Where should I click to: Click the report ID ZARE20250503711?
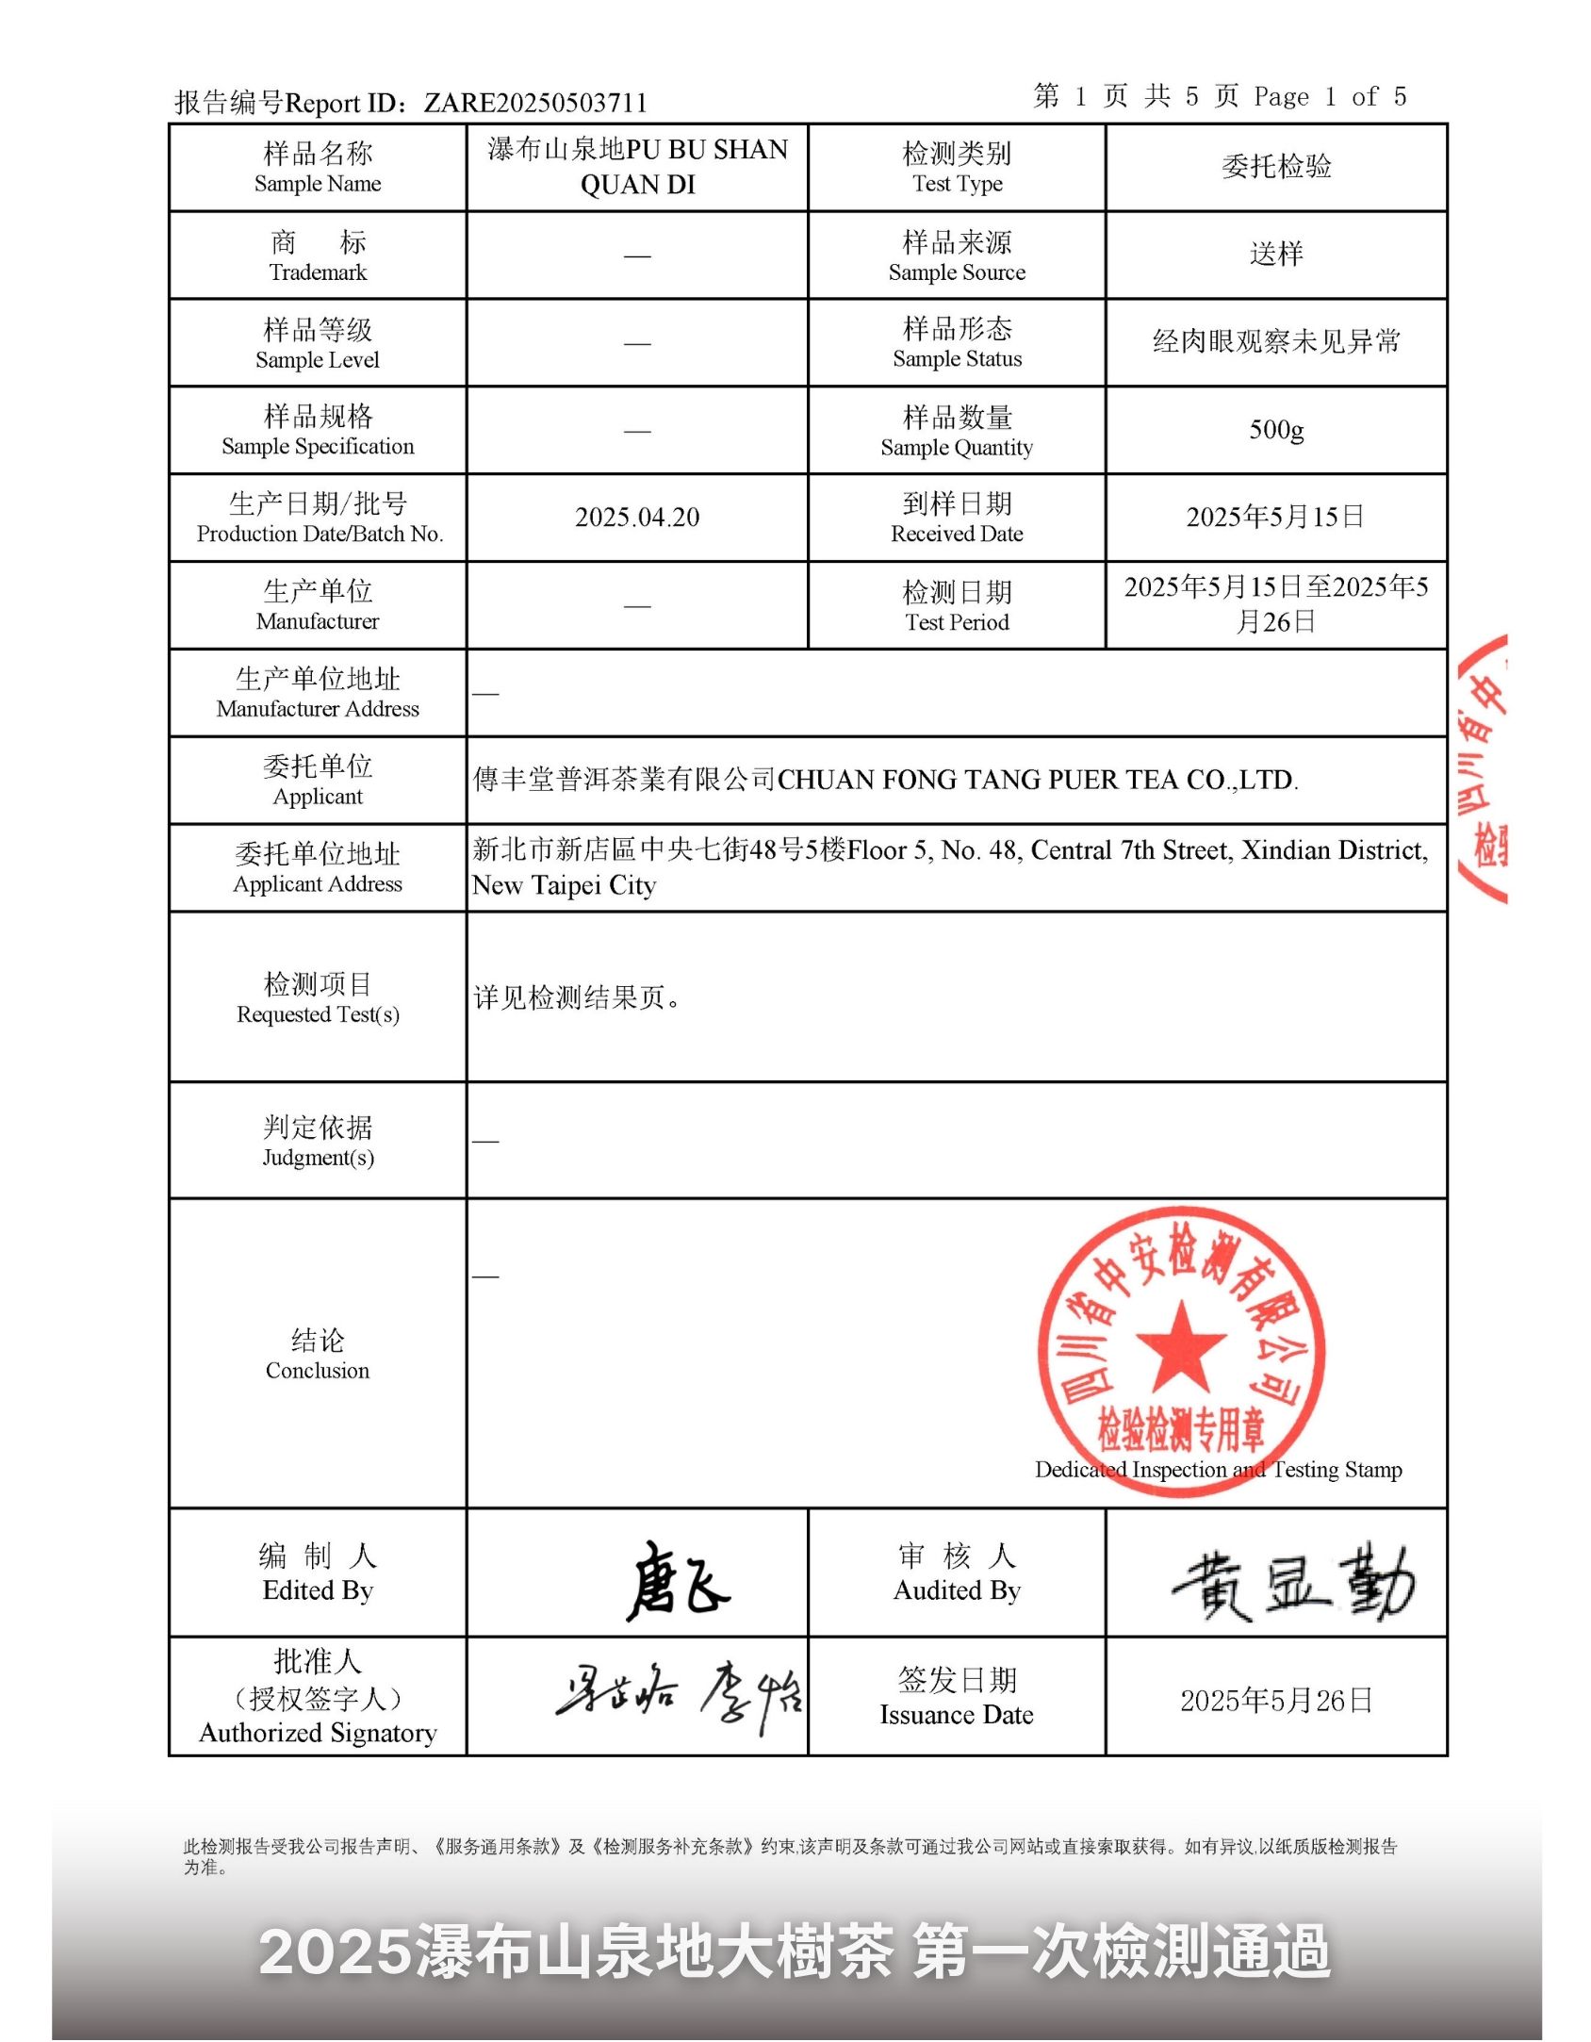[x=534, y=102]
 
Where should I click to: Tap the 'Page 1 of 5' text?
[x=1329, y=96]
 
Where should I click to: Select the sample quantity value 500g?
[x=1276, y=430]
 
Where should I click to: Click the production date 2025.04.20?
[x=637, y=517]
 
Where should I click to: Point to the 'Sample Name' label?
[x=318, y=183]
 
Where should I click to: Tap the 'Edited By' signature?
[x=677, y=1580]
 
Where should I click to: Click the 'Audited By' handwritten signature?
[x=1293, y=1582]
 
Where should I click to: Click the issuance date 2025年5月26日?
[x=1276, y=1700]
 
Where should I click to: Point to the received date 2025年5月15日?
[x=1276, y=517]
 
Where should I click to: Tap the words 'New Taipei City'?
[x=564, y=885]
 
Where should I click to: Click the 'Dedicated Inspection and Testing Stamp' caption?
[x=1218, y=1469]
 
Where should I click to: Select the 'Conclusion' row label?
[x=318, y=1354]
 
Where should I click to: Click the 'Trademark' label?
[x=318, y=272]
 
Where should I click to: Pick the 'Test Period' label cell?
[x=957, y=605]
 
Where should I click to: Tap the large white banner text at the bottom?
[x=795, y=1951]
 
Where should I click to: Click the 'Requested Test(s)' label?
[x=318, y=1013]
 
